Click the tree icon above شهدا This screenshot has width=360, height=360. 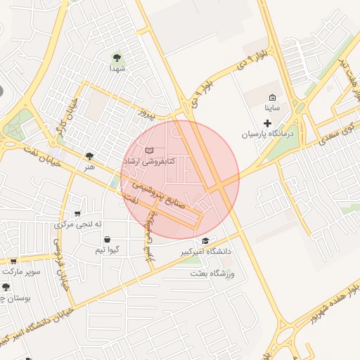[117, 58]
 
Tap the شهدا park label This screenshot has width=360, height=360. [117, 69]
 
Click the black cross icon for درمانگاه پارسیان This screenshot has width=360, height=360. [266, 123]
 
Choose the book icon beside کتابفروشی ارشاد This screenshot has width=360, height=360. [148, 150]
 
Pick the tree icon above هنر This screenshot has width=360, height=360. [89, 156]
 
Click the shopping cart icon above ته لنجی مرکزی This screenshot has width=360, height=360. [77, 214]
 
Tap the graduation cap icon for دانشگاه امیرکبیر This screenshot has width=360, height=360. [205, 240]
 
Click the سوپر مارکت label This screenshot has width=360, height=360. [21, 270]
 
